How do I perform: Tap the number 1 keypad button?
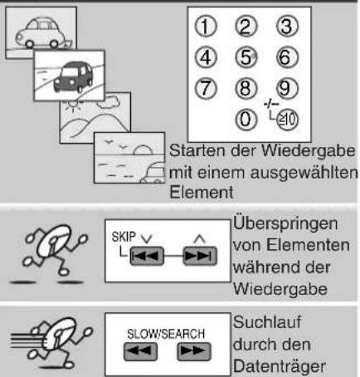pyautogui.click(x=206, y=27)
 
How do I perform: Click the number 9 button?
pyautogui.click(x=287, y=89)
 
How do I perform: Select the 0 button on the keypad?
pyautogui.click(x=246, y=120)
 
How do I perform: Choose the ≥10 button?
pyautogui.click(x=287, y=120)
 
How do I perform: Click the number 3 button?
pyautogui.click(x=287, y=27)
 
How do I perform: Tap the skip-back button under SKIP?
pyautogui.click(x=147, y=256)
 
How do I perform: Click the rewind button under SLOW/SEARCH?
pyautogui.click(x=140, y=351)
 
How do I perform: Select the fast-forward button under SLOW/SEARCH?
pyautogui.click(x=194, y=351)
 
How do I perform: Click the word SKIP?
pyautogui.click(x=124, y=237)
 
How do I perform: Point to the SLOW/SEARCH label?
pyautogui.click(x=166, y=334)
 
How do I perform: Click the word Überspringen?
pyautogui.click(x=285, y=224)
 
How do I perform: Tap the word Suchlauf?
pyautogui.click(x=267, y=322)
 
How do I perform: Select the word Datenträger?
pyautogui.click(x=280, y=366)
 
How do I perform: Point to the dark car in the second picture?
pyautogui.click(x=73, y=77)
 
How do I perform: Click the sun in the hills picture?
pyautogui.click(x=74, y=105)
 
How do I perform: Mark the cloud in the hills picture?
pyautogui.click(x=109, y=101)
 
